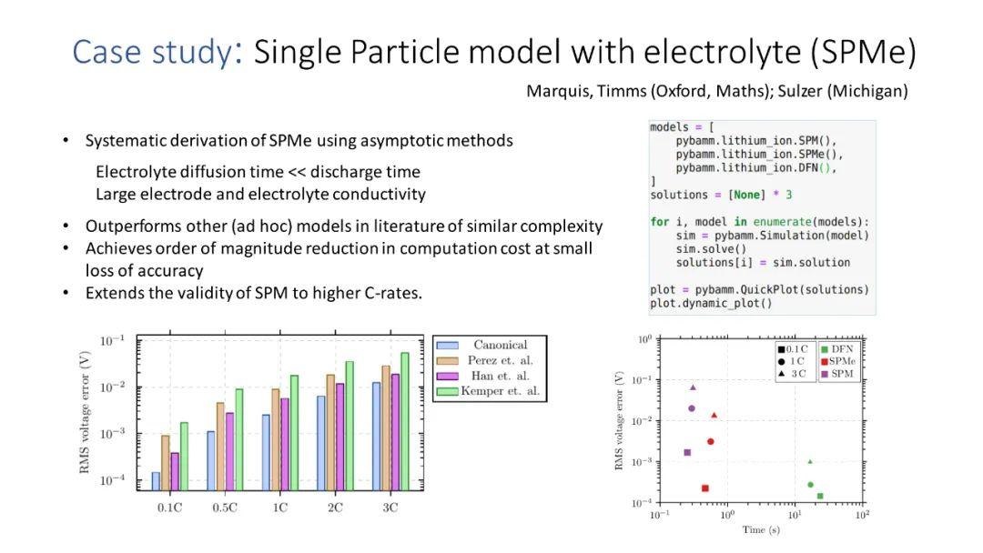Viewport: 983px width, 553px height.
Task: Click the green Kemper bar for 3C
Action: (405, 422)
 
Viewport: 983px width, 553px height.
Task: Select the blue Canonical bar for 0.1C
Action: (156, 481)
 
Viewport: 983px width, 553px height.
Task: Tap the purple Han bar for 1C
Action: (283, 445)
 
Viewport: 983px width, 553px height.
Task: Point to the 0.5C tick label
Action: (225, 508)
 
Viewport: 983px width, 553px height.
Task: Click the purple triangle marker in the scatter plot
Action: (693, 387)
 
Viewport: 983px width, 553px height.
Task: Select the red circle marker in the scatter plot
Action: (711, 442)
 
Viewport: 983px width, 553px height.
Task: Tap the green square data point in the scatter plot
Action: (820, 496)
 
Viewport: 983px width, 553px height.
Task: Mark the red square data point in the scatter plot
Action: (705, 488)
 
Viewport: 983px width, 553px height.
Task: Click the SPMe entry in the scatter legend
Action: (843, 361)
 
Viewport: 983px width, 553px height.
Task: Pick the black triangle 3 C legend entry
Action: (792, 374)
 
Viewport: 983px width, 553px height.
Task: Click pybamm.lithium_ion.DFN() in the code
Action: (755, 168)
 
